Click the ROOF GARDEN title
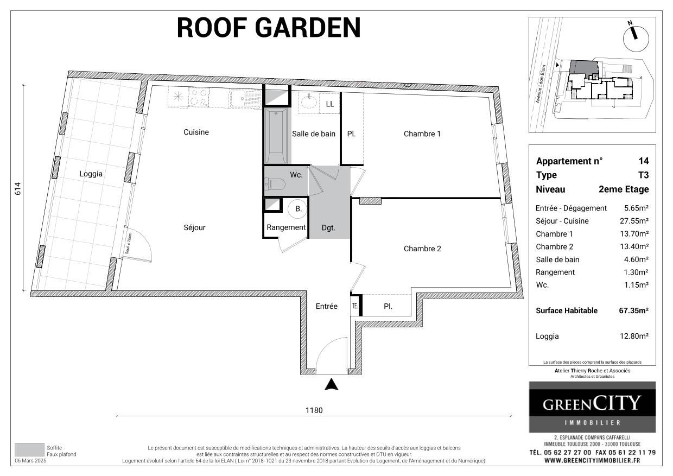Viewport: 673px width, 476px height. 269,28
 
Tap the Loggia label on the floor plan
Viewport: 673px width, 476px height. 91,174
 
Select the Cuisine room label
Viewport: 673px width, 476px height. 196,132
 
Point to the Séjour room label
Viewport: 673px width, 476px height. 194,228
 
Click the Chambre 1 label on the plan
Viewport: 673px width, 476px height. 422,134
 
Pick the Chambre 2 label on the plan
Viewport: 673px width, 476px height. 422,249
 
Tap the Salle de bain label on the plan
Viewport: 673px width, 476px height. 313,134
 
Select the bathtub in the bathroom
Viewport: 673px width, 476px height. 276,135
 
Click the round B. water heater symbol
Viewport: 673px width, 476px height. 299,208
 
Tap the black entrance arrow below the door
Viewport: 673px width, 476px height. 332,384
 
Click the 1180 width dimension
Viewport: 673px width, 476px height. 314,410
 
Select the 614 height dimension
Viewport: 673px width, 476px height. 17,188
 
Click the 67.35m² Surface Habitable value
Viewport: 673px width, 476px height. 633,310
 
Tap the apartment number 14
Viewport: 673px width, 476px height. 644,161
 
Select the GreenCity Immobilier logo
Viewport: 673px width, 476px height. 592,407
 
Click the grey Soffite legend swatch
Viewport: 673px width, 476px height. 29,449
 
